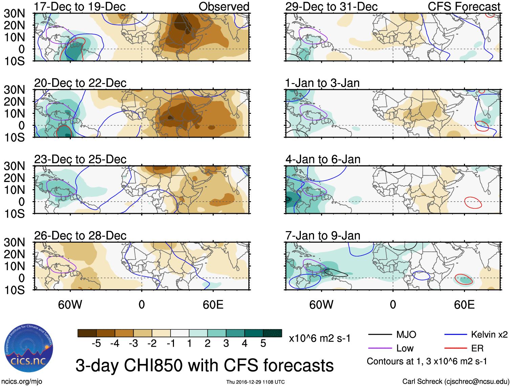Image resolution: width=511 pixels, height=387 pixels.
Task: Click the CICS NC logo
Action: coord(28,349)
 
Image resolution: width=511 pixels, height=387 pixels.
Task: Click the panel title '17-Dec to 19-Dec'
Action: coord(80,6)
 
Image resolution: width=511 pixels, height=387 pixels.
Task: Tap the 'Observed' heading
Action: coord(224,6)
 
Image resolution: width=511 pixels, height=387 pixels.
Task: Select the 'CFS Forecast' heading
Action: coord(464,6)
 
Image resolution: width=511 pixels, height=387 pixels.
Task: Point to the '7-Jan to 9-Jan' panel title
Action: coord(323,236)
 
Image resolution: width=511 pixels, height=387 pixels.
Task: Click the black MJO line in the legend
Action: coord(380,335)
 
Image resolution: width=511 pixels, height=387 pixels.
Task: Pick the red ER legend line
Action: coord(456,348)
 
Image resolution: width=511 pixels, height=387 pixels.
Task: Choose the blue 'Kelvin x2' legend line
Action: coord(456,335)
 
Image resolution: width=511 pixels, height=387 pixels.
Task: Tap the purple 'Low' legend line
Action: coord(380,348)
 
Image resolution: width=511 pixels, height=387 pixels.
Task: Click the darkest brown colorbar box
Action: coord(87,333)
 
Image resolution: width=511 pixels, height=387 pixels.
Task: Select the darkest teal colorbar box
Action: coord(272,333)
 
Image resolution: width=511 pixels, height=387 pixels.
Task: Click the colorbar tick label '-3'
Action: coord(133,344)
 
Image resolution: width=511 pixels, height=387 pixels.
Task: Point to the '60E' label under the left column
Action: coord(213,305)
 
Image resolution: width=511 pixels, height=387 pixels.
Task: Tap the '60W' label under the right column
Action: coord(321,305)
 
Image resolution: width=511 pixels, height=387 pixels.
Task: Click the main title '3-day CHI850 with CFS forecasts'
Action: coord(204,365)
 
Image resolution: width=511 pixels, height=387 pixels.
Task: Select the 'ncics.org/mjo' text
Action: coord(22,382)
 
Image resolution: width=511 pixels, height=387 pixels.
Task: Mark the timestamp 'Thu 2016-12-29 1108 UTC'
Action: coord(255,382)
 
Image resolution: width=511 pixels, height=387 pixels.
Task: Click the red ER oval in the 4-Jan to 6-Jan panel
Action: coord(473,202)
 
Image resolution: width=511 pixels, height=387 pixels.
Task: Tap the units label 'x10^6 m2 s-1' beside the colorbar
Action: coord(319,338)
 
